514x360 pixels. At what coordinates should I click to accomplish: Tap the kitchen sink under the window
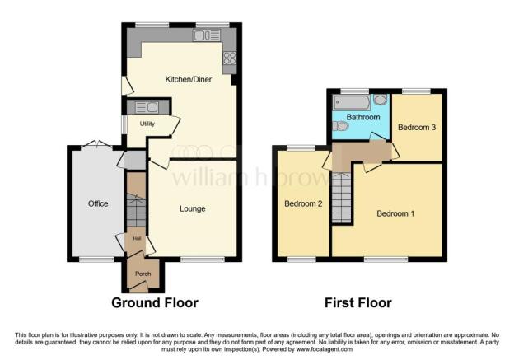click(203, 35)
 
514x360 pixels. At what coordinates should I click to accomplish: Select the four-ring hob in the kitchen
click(228, 58)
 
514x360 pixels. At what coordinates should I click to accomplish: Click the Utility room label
click(147, 124)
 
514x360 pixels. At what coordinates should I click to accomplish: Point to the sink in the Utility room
click(147, 106)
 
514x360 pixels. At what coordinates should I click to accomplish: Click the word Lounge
click(192, 208)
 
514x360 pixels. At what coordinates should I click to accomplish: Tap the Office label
click(99, 203)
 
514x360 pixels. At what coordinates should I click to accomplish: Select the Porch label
click(143, 274)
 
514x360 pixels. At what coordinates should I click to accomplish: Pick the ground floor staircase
click(135, 209)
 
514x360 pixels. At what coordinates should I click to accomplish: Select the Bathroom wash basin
click(380, 101)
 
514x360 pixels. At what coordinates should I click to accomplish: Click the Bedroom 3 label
click(416, 128)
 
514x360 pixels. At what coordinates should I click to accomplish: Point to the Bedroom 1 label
click(395, 213)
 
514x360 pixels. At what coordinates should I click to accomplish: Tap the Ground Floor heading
click(155, 302)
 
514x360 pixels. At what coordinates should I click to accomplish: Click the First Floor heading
click(357, 302)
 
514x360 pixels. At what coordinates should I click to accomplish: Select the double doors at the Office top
click(97, 144)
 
